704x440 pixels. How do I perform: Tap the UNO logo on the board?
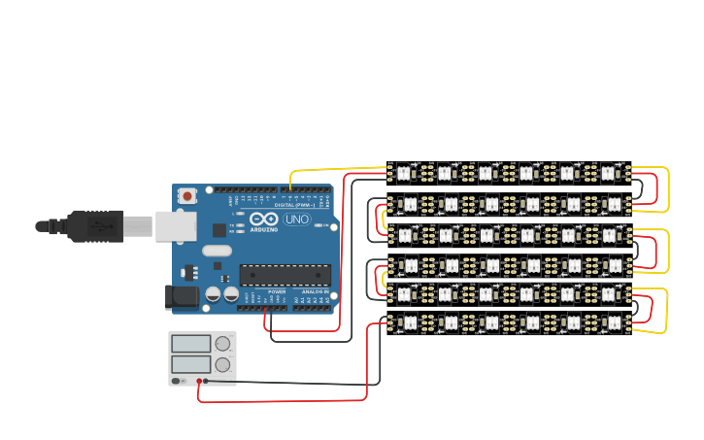click(x=296, y=220)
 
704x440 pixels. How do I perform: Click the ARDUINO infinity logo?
click(x=263, y=221)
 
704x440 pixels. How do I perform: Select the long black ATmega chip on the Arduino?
click(x=285, y=276)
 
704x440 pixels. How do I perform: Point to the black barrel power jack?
click(x=182, y=296)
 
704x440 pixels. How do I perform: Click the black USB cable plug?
click(x=97, y=225)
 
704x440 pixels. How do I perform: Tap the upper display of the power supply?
click(x=190, y=344)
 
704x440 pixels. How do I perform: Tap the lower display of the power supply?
click(x=190, y=364)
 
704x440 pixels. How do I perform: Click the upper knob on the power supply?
click(x=223, y=343)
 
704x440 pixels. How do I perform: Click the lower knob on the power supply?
click(x=223, y=365)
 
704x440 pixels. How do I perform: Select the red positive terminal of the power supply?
click(x=199, y=381)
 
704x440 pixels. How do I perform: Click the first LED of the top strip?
click(x=404, y=172)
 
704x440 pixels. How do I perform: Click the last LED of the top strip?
click(x=608, y=172)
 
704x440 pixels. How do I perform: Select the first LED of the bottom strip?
click(x=404, y=322)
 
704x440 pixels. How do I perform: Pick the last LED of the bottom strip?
click(x=608, y=322)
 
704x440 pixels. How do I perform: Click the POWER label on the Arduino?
click(x=277, y=290)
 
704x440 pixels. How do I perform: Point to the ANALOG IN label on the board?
click(x=313, y=290)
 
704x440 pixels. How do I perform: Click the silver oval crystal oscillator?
click(x=217, y=253)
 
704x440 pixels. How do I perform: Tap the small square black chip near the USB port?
click(x=219, y=230)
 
